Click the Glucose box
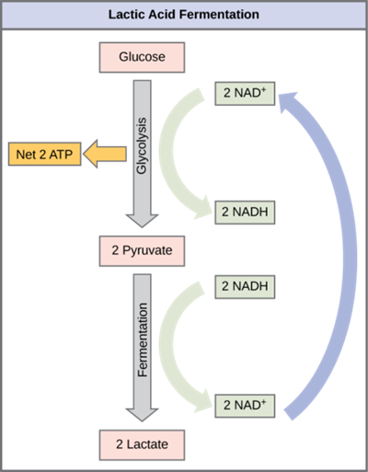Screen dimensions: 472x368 click(143, 57)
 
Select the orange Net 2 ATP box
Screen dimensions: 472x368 click(42, 154)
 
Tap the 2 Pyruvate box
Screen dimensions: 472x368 click(143, 248)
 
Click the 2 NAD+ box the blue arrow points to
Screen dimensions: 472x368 click(244, 93)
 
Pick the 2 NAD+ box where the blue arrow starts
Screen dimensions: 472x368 click(244, 404)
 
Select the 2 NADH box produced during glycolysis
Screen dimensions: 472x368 click(244, 211)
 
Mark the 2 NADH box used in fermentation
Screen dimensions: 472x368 click(244, 285)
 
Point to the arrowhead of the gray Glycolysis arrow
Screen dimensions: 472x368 click(142, 218)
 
